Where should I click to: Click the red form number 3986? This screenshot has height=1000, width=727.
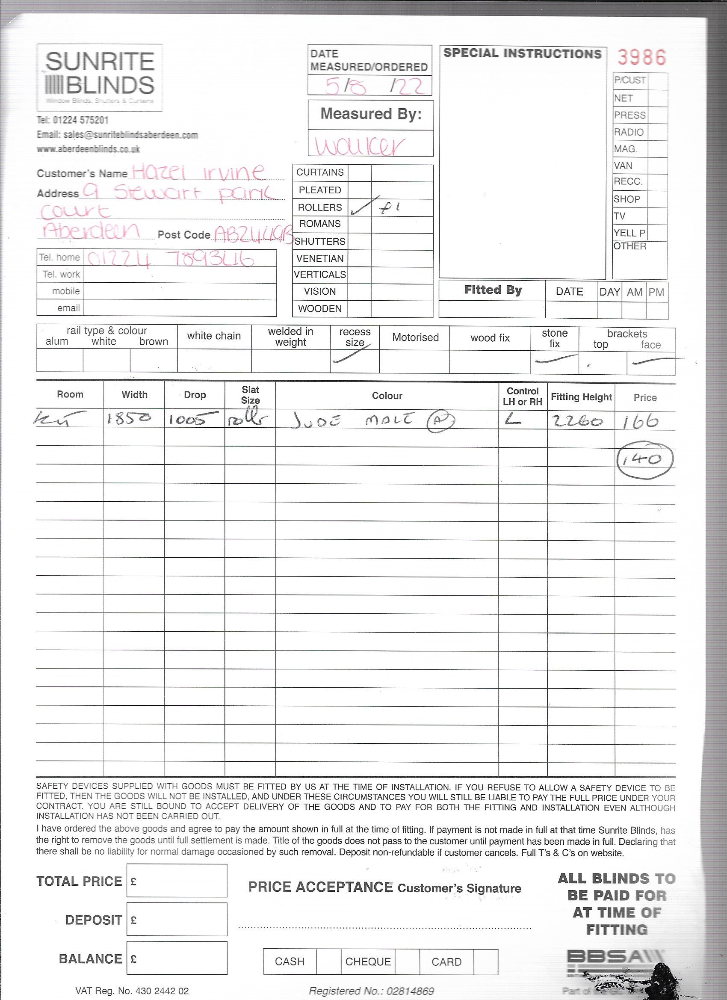(x=641, y=57)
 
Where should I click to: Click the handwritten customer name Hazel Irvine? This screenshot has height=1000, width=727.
(x=198, y=172)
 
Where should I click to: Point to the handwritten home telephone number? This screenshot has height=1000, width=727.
(x=170, y=259)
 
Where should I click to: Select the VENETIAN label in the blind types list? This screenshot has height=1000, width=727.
(x=319, y=258)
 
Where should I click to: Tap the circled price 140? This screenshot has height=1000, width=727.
(x=644, y=460)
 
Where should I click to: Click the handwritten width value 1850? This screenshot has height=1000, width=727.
(x=129, y=418)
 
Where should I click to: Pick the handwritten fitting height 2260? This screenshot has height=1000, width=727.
(x=578, y=421)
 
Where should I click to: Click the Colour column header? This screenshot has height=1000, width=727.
(x=387, y=396)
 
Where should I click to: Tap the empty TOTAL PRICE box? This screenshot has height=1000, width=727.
(x=177, y=881)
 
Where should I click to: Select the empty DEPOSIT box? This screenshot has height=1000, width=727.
(x=177, y=919)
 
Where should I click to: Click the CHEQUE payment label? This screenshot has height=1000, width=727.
(x=368, y=962)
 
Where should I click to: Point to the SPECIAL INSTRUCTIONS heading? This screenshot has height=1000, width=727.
(x=522, y=53)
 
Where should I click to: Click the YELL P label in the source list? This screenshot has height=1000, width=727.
(x=629, y=233)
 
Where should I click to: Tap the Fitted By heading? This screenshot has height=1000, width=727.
(x=493, y=290)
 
